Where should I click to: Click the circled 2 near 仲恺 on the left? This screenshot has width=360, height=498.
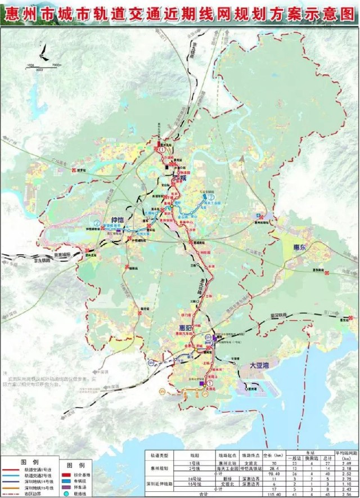[x=98, y=223]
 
